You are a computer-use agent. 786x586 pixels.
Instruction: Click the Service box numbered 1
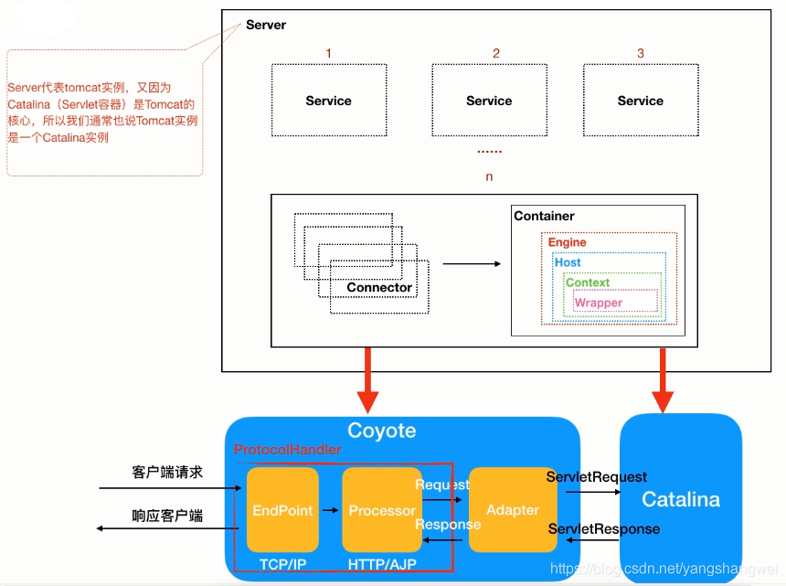coord(328,101)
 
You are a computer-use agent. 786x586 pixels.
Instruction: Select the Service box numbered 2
coord(489,101)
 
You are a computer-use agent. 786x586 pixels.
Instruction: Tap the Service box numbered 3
coord(640,101)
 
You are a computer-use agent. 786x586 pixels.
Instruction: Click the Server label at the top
coord(266,25)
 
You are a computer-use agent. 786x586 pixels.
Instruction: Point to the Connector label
coord(379,287)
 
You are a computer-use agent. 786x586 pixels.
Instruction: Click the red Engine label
coord(567,242)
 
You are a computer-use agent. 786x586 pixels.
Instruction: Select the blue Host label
coord(568,262)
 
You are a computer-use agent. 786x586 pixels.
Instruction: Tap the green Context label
coord(588,282)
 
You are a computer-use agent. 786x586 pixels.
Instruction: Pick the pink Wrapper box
coord(599,303)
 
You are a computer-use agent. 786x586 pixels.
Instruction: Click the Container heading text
coord(545,216)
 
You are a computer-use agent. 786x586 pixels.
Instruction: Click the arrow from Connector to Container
coord(472,263)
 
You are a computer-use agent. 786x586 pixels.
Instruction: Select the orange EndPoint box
coord(282,510)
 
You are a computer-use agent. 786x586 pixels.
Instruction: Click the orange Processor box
coord(382,510)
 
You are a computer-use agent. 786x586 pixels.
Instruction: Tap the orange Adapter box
coord(513,510)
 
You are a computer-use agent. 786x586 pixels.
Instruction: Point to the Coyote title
coord(381,431)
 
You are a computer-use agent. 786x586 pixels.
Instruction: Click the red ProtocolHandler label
coord(287,450)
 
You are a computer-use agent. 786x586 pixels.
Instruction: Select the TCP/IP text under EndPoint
coord(282,565)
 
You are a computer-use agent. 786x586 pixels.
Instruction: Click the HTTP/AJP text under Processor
coord(382,565)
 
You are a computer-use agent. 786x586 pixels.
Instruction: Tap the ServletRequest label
coord(597,476)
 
